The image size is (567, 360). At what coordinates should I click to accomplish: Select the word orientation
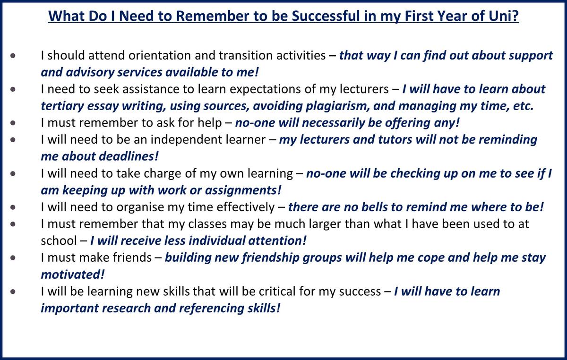click(x=160, y=55)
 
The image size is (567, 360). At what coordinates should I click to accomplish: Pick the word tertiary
click(x=62, y=106)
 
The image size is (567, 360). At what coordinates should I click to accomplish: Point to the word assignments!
click(x=243, y=190)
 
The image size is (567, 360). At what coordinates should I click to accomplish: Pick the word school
click(x=59, y=241)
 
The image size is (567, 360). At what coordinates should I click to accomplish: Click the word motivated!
click(x=73, y=274)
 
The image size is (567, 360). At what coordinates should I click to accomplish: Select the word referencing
click(x=211, y=309)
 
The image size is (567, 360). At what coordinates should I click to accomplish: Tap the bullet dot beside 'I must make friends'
click(x=13, y=258)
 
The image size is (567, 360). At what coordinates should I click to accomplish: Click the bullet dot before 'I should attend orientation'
click(x=13, y=56)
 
